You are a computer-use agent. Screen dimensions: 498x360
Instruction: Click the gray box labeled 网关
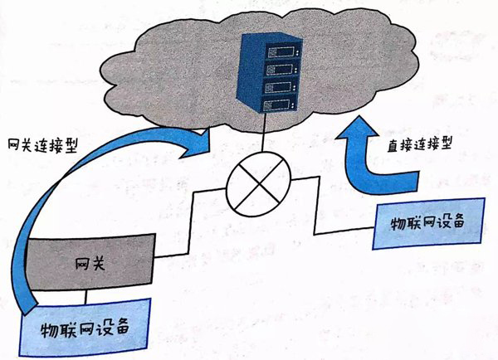(x=90, y=262)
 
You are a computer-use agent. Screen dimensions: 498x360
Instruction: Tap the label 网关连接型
(x=43, y=146)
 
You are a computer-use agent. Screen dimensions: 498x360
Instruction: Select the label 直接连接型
(x=419, y=144)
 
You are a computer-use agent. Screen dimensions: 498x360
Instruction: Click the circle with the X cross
(x=258, y=184)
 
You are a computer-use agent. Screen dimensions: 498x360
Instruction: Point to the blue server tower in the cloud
(x=269, y=72)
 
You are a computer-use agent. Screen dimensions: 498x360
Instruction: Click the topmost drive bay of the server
(x=283, y=51)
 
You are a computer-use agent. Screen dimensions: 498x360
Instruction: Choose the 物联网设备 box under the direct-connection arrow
(x=428, y=223)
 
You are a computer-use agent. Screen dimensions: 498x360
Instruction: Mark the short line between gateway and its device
(x=85, y=297)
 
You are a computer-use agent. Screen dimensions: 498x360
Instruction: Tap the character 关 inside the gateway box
(x=98, y=264)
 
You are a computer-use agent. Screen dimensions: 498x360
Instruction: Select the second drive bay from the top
(x=281, y=70)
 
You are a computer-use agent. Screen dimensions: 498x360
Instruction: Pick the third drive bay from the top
(x=280, y=87)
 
